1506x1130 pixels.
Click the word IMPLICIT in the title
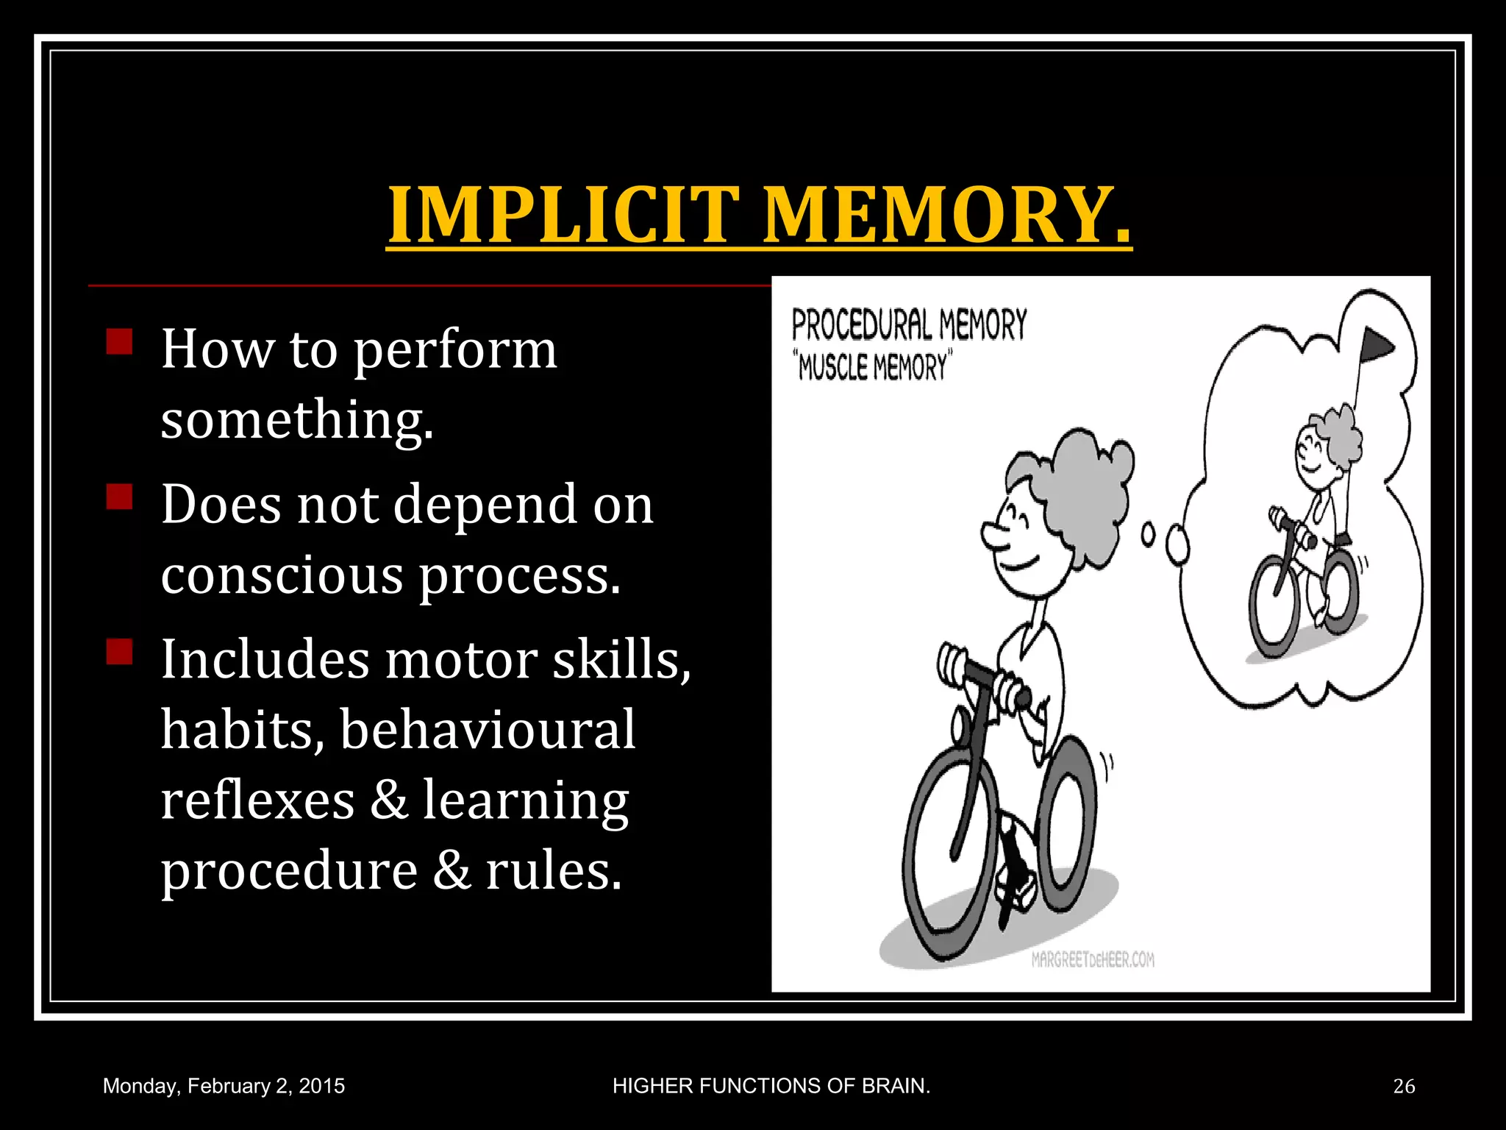tap(563, 215)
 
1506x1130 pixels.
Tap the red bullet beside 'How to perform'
tap(119, 341)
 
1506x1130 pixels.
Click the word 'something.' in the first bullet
tap(297, 419)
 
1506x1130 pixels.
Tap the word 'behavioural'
tap(488, 729)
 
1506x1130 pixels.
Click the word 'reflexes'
tap(257, 800)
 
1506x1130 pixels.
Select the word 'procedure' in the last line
tap(289, 870)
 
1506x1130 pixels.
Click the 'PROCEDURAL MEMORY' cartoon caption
tap(909, 324)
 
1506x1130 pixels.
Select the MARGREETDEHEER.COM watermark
tap(1093, 959)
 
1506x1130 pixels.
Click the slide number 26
tap(1404, 1086)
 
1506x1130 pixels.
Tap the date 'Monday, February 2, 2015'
tap(224, 1086)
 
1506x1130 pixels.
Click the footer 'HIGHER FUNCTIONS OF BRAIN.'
tap(771, 1086)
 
